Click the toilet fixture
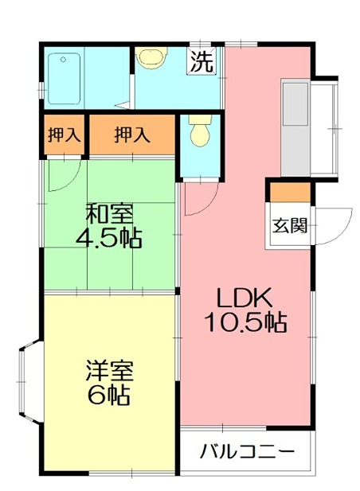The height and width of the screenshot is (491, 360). coord(199,131)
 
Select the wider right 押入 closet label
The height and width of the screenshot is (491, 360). coord(131,135)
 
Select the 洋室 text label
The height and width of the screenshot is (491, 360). coord(109,370)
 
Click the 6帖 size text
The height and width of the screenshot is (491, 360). coord(109,394)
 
